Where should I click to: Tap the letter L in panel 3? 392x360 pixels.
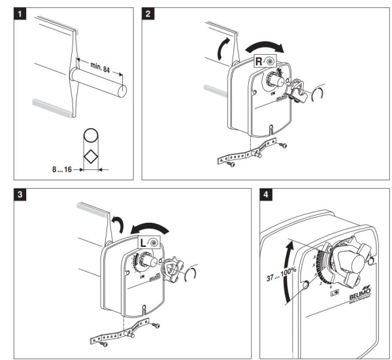[x=144, y=243]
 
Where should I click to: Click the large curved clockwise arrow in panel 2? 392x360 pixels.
[x=266, y=46]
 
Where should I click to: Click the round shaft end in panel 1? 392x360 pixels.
[x=122, y=85]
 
